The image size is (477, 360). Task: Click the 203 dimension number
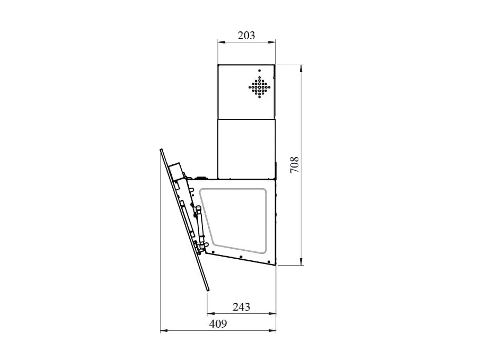tap(246, 36)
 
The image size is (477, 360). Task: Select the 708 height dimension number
tap(295, 165)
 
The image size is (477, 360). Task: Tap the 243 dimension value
tap(242, 307)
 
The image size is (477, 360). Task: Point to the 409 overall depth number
tap(218, 324)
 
